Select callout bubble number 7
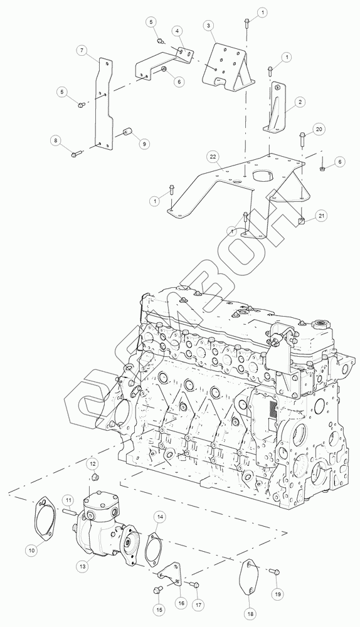coord(81,51)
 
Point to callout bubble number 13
coord(83,566)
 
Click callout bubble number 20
coord(319,129)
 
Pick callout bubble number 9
coord(144,144)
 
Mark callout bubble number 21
coord(321,216)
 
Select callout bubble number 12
coord(92,464)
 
